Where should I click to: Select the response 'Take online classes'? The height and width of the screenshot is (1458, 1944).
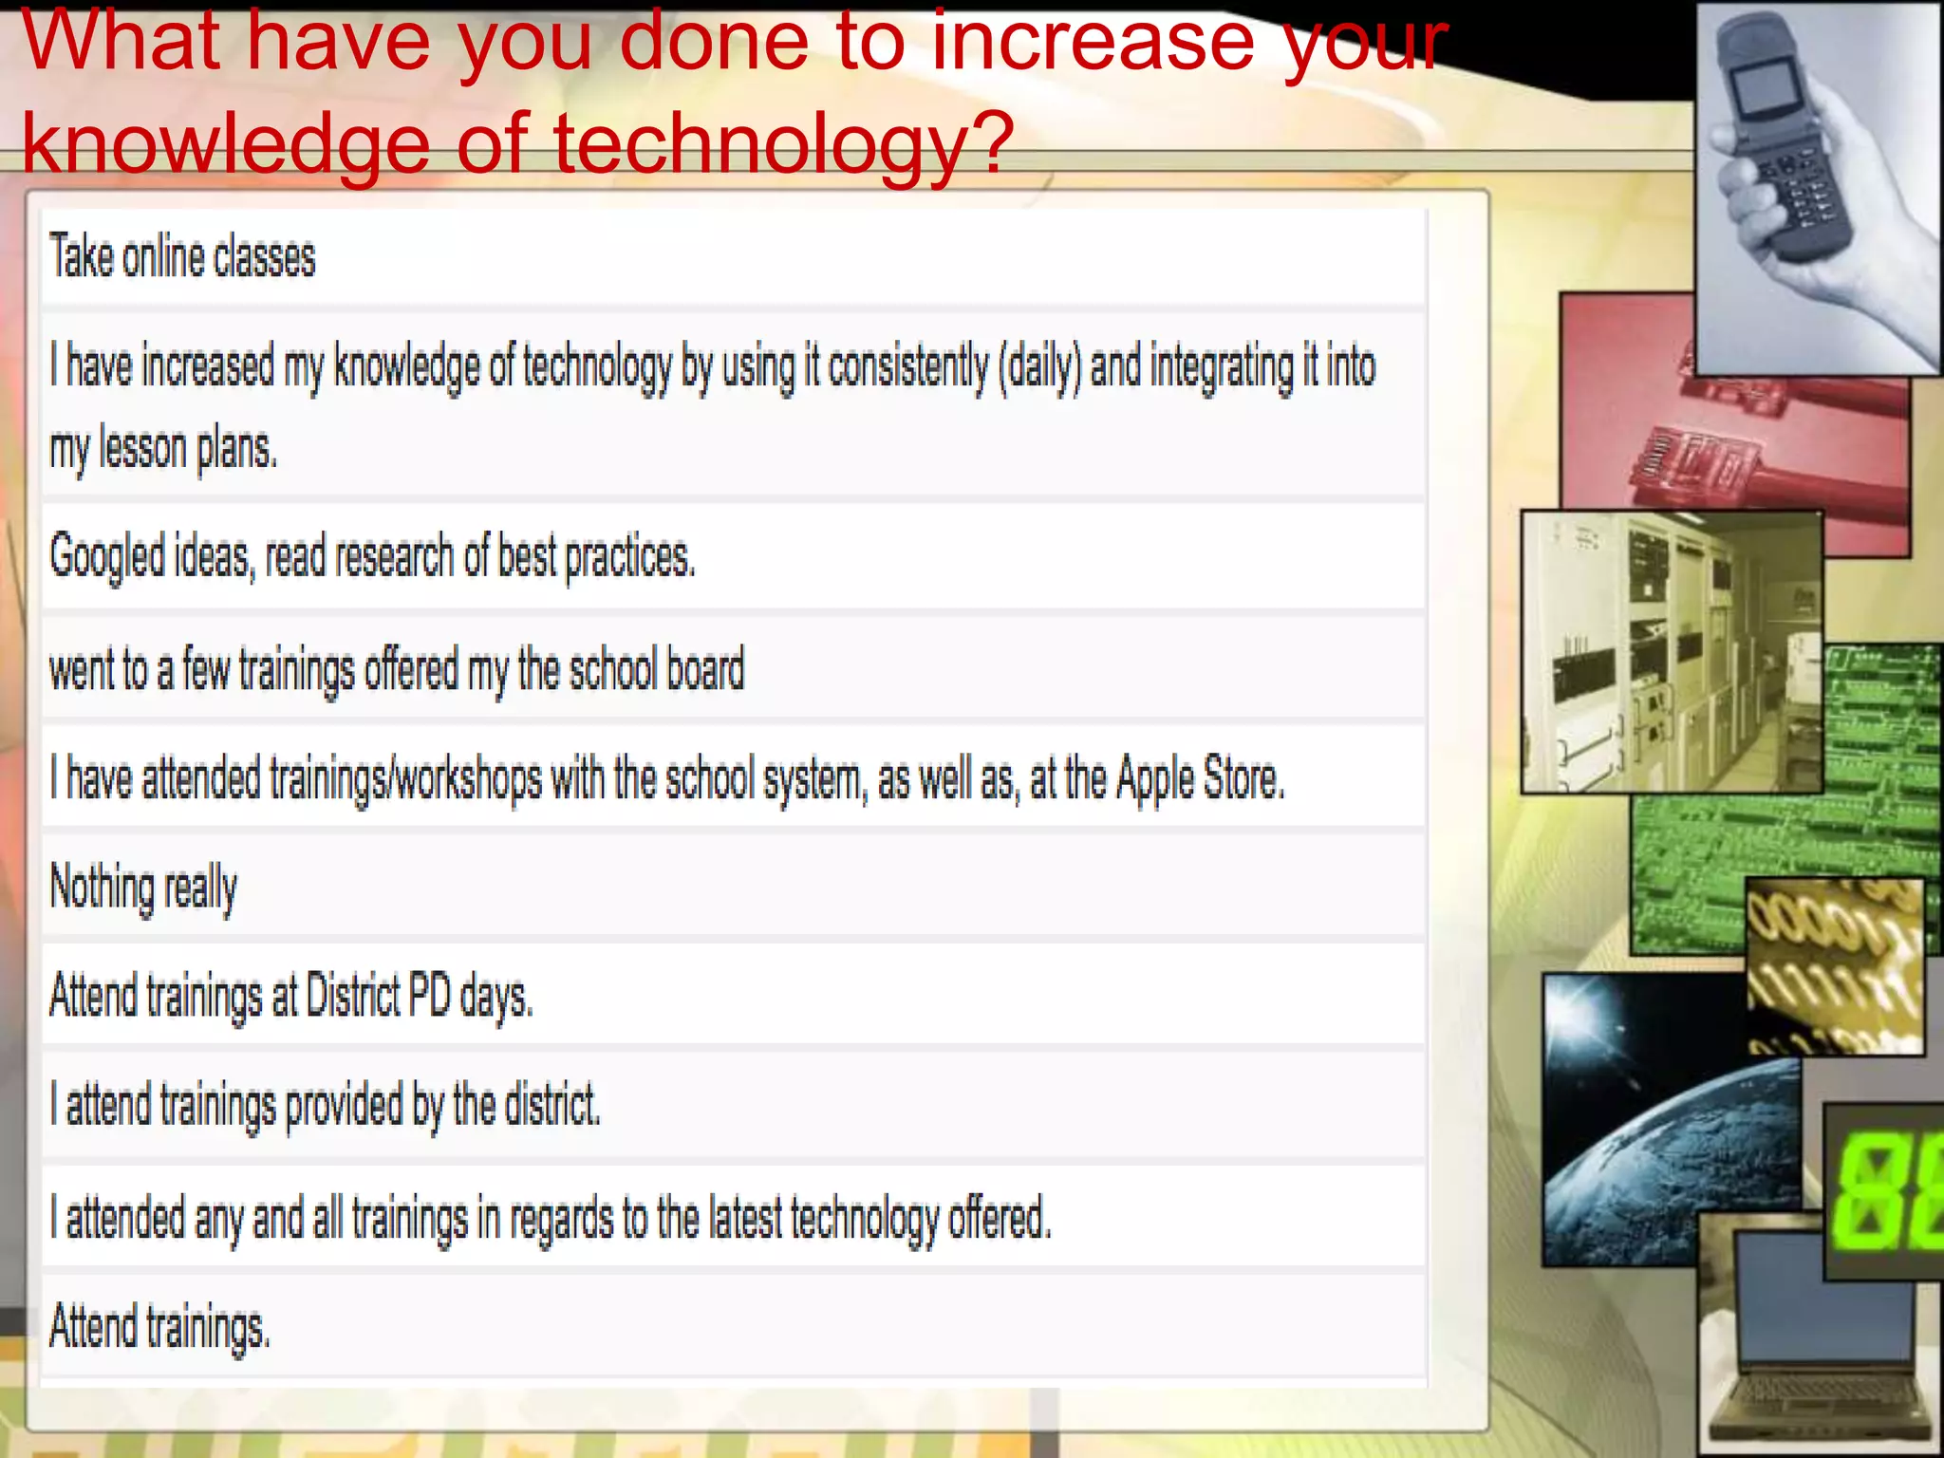[182, 258]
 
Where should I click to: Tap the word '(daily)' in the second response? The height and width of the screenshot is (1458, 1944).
[1038, 367]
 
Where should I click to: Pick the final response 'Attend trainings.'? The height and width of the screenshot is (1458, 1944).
[159, 1327]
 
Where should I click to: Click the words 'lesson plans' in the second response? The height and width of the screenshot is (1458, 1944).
[188, 449]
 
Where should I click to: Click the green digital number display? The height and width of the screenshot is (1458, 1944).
[1884, 1191]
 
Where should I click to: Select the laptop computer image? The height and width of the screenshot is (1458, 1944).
[1827, 1348]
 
